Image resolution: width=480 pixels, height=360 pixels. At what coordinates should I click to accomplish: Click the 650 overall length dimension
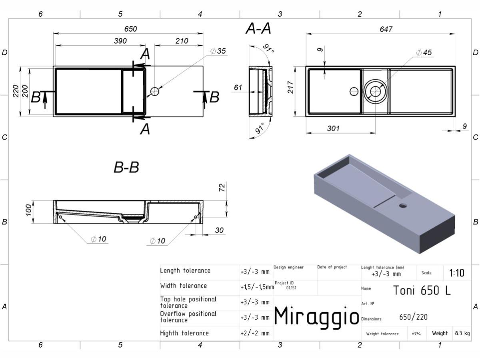(130, 29)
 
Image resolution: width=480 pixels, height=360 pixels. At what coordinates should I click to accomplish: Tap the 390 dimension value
(120, 41)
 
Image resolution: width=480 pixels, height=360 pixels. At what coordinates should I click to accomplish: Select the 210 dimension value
(182, 41)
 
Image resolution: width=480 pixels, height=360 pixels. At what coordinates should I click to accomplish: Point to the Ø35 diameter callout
(218, 51)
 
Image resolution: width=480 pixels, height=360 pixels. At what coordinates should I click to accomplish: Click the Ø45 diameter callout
(424, 52)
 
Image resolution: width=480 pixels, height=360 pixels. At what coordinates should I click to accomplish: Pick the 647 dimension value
(386, 29)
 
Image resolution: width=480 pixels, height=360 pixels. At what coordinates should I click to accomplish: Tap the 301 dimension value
(333, 128)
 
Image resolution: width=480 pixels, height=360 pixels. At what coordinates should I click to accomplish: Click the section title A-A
(258, 29)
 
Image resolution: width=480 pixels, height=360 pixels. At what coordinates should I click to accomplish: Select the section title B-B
(126, 168)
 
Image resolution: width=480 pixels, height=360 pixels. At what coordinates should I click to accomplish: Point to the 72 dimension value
(222, 188)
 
